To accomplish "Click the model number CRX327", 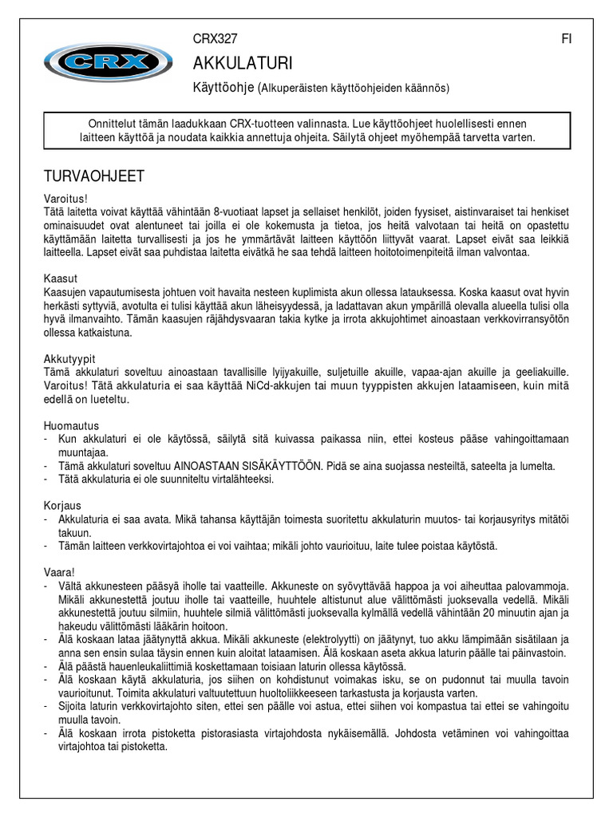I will click(x=216, y=39).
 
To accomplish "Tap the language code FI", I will click(x=566, y=39).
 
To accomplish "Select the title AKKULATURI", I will click(x=243, y=63).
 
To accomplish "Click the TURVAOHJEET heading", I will click(x=93, y=175).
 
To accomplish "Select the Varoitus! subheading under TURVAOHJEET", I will click(x=64, y=198).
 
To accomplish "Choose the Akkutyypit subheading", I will click(x=69, y=359).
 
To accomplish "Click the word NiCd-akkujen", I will click(x=280, y=386).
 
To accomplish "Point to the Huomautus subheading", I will click(x=71, y=426).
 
